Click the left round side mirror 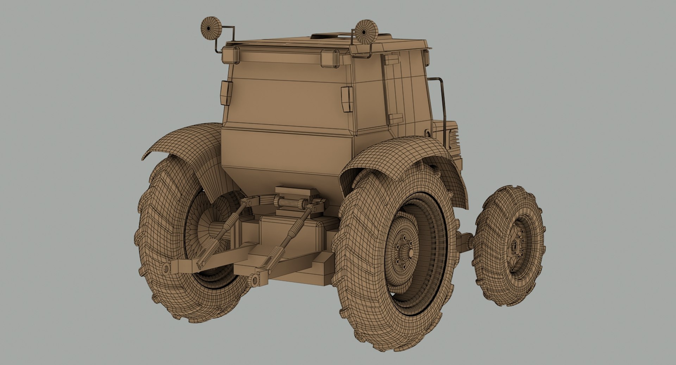pyautogui.click(x=210, y=27)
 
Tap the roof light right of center pyautogui.click(x=331, y=58)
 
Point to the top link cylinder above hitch pyautogui.click(x=290, y=203)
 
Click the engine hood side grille pyautogui.click(x=453, y=137)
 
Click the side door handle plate pyautogui.click(x=395, y=119)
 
